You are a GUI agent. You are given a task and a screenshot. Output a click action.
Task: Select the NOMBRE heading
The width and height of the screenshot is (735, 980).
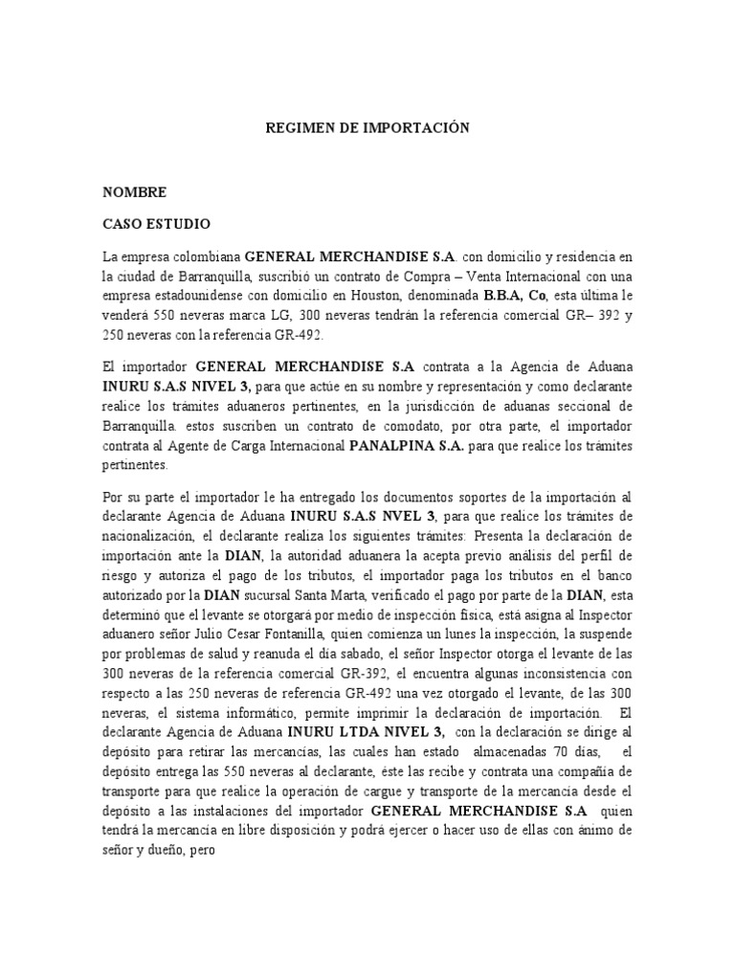point(135,192)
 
